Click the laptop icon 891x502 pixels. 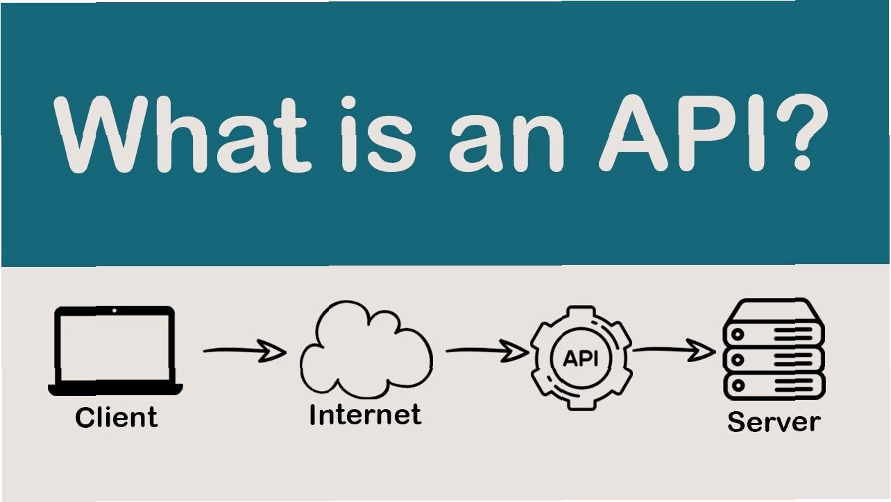[115, 350]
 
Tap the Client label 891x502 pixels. [116, 417]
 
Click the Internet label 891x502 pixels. [365, 415]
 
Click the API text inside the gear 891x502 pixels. [582, 358]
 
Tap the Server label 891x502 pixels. [773, 421]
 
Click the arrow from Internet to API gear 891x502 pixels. [486, 352]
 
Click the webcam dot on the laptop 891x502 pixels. [115, 311]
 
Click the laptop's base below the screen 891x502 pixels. [115, 389]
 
